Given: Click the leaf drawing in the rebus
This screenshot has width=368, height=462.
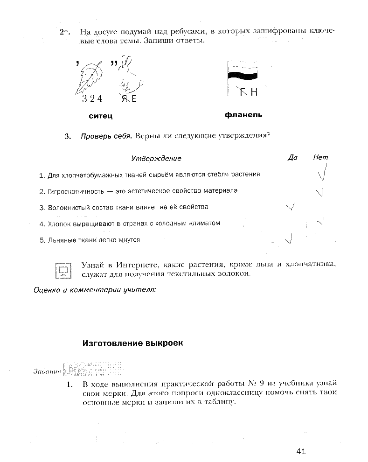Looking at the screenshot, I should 92,77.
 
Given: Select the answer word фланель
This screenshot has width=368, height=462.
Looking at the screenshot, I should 243,115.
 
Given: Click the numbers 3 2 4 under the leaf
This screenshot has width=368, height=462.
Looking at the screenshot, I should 92,99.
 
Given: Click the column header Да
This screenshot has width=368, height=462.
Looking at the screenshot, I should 292,158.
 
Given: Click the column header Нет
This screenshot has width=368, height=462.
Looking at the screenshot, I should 321,158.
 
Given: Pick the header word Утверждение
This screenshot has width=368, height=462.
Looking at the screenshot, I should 156,159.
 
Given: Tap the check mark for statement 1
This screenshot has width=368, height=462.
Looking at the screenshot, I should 321,174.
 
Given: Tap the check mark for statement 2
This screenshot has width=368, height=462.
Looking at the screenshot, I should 320,191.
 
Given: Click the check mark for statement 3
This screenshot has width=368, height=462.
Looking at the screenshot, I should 291,207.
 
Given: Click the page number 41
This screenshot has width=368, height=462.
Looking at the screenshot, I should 301,451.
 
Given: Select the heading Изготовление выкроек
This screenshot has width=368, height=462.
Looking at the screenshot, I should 133,343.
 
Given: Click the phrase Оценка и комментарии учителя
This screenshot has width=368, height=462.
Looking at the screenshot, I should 95,290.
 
